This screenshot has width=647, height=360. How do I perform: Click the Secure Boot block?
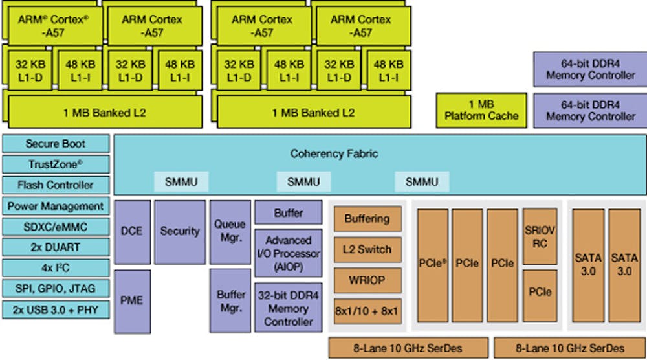coord(56,144)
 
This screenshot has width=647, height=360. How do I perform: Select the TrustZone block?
coord(56,164)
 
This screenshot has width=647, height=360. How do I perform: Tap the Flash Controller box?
coord(56,185)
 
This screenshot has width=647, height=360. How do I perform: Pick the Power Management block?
coord(56,206)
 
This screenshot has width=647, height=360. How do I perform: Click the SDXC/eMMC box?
coord(56,227)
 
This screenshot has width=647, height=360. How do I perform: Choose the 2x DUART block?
coord(56,247)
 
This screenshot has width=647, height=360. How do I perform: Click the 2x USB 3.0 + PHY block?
coord(56,309)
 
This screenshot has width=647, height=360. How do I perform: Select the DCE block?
coord(133,231)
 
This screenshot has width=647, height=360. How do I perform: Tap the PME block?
coord(133,300)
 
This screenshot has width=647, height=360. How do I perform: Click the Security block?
coord(180,231)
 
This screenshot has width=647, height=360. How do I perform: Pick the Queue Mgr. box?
coord(230,231)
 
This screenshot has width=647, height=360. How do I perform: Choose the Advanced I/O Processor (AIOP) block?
coord(288,253)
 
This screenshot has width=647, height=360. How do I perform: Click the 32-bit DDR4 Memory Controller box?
coord(288,307)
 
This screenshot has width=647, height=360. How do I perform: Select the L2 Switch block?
coord(367,249)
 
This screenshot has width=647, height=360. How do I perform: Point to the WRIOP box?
coord(367,280)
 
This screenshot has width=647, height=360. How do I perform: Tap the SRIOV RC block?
coord(540,236)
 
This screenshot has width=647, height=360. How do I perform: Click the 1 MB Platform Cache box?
coord(481,110)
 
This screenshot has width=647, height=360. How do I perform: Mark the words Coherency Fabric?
coord(334,154)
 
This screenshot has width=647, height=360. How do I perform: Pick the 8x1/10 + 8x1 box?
coord(367,311)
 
